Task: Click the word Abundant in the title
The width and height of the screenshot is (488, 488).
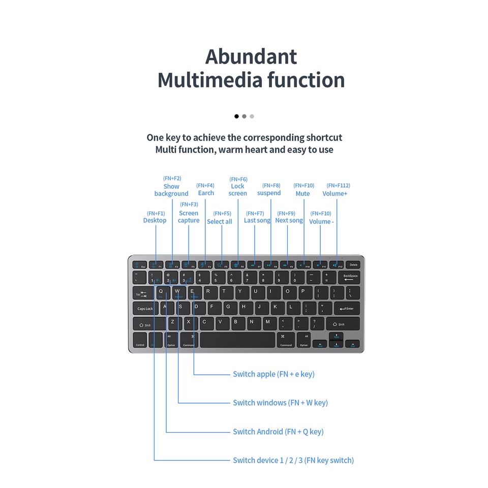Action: [251, 56]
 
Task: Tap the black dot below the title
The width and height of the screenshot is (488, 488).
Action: [236, 116]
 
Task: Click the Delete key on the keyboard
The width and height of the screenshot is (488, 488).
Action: [353, 265]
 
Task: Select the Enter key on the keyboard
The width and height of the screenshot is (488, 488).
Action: [347, 308]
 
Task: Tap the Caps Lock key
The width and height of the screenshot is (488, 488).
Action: [145, 308]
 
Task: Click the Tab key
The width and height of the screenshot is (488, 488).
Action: [141, 293]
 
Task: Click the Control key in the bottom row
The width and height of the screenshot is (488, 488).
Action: [140, 341]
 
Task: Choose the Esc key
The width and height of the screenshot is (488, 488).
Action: [139, 265]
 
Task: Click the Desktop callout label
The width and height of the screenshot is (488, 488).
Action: [155, 221]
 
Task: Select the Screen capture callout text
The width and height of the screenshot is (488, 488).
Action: [189, 217]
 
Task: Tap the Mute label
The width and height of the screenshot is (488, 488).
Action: [302, 194]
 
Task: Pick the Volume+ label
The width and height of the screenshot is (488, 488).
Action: [334, 194]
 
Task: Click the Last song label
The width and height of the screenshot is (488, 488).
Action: [257, 221]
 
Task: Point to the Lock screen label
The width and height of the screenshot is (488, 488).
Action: [238, 190]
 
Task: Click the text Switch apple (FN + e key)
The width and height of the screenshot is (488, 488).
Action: [273, 374]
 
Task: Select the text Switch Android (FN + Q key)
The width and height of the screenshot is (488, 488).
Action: [278, 432]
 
